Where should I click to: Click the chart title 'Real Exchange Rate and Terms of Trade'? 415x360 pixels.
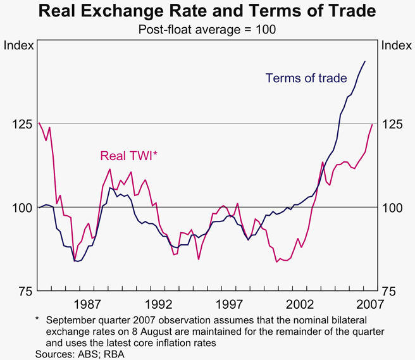(207, 11)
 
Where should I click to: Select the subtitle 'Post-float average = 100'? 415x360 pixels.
(207, 29)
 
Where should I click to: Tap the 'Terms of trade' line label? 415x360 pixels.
(306, 78)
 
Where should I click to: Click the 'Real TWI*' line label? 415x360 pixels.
(128, 156)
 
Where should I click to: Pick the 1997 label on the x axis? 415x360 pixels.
(230, 302)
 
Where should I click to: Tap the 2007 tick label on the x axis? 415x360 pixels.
(367, 302)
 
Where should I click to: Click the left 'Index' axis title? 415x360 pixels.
(19, 46)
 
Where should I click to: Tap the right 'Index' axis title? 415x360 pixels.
(396, 46)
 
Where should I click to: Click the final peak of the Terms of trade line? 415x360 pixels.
(365, 61)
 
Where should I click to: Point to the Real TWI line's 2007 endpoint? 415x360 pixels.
(372, 124)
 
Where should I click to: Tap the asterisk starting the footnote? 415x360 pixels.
(37, 321)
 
